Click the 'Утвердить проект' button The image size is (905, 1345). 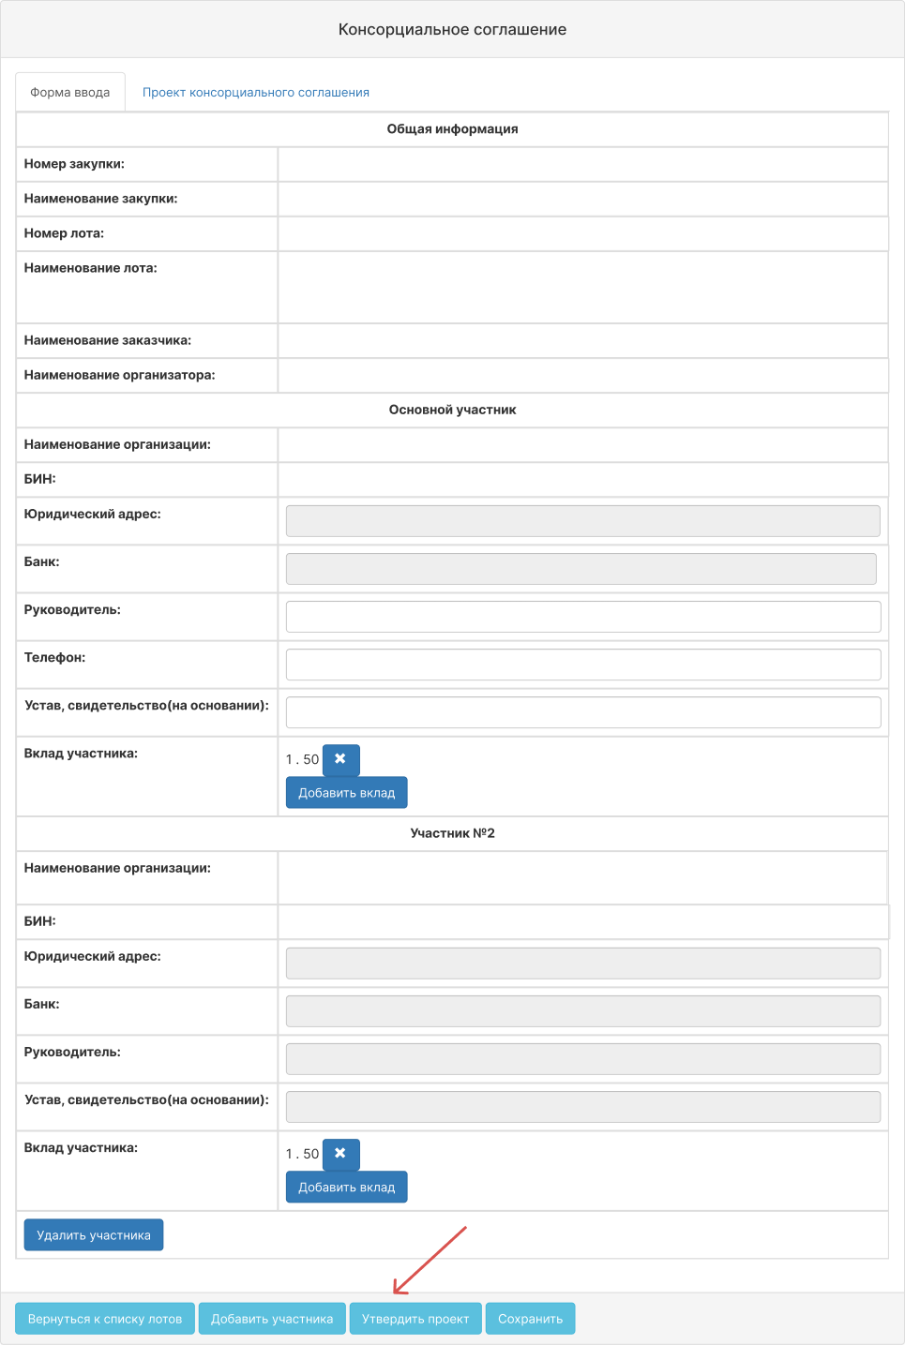coord(415,1319)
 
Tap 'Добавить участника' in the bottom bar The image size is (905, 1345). coord(272,1319)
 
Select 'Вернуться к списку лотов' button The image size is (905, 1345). coord(105,1319)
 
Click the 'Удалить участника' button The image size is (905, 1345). coord(94,1235)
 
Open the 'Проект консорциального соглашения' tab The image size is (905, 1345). coord(256,93)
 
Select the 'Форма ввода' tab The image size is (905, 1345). coord(70,93)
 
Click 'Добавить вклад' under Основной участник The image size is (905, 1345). coord(346,793)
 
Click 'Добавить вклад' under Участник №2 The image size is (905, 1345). coord(346,1188)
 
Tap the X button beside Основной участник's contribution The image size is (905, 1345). coord(340,759)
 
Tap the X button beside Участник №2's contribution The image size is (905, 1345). coord(340,1154)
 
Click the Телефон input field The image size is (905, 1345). coord(582,665)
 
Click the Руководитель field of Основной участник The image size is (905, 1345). coord(582,617)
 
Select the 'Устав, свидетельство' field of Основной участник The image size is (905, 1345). coord(582,712)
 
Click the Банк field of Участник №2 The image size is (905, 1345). coord(582,1011)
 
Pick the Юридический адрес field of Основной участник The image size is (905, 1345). coord(582,521)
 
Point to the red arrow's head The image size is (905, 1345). coord(395,1293)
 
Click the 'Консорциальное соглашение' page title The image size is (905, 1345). coord(452,30)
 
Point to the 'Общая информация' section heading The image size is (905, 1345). coord(452,129)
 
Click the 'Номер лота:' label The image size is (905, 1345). coord(64,233)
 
